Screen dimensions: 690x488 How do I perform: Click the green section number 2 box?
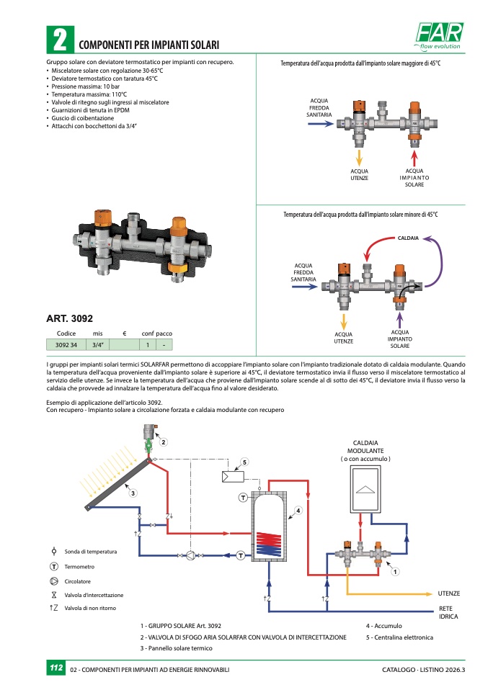click(60, 40)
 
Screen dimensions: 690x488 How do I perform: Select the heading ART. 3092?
click(69, 318)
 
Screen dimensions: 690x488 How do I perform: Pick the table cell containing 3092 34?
click(66, 345)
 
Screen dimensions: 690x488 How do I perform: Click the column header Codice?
click(66, 333)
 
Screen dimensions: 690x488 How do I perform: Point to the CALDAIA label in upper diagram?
click(408, 237)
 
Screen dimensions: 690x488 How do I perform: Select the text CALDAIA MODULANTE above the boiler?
click(365, 447)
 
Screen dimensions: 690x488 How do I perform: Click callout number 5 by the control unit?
click(245, 462)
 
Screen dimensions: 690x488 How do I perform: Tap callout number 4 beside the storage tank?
click(297, 511)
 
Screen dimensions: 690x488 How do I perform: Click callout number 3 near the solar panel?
click(132, 493)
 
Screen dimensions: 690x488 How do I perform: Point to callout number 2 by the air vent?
click(164, 442)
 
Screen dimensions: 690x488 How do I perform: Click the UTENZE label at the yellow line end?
click(448, 593)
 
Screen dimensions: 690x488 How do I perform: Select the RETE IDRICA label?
click(448, 613)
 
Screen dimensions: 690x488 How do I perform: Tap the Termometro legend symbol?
click(54, 567)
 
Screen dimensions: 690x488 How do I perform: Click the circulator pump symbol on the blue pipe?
click(190, 555)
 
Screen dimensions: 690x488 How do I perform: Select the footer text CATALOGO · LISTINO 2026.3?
click(423, 671)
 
